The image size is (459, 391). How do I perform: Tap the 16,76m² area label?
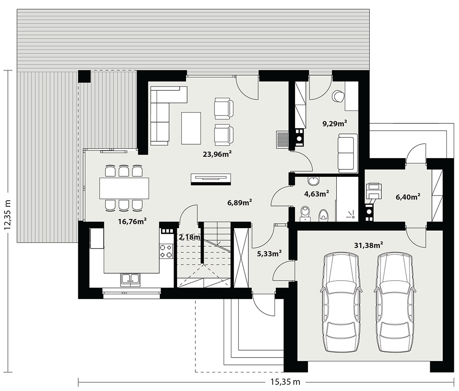(132, 221)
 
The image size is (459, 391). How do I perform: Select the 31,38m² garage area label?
(369, 245)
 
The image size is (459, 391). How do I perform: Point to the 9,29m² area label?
(335, 123)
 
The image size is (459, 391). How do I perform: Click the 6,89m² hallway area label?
(240, 202)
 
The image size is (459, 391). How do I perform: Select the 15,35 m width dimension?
(284, 381)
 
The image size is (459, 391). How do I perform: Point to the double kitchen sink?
(130, 279)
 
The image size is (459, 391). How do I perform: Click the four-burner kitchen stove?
(166, 251)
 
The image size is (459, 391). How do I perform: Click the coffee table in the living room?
(191, 128)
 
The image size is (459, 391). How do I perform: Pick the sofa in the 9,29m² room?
(348, 153)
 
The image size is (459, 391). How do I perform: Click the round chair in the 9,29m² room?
(338, 96)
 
